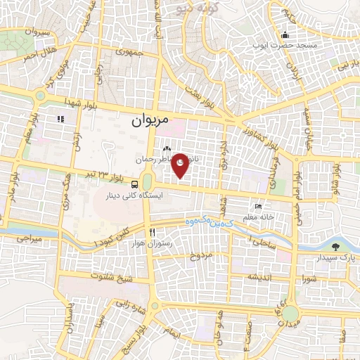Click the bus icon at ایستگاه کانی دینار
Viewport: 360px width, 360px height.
pos(135,185)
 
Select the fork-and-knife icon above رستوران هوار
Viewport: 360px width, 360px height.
pos(152,232)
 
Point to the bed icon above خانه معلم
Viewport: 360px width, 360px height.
pos(259,206)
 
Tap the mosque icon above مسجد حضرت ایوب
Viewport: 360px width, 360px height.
pos(285,33)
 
